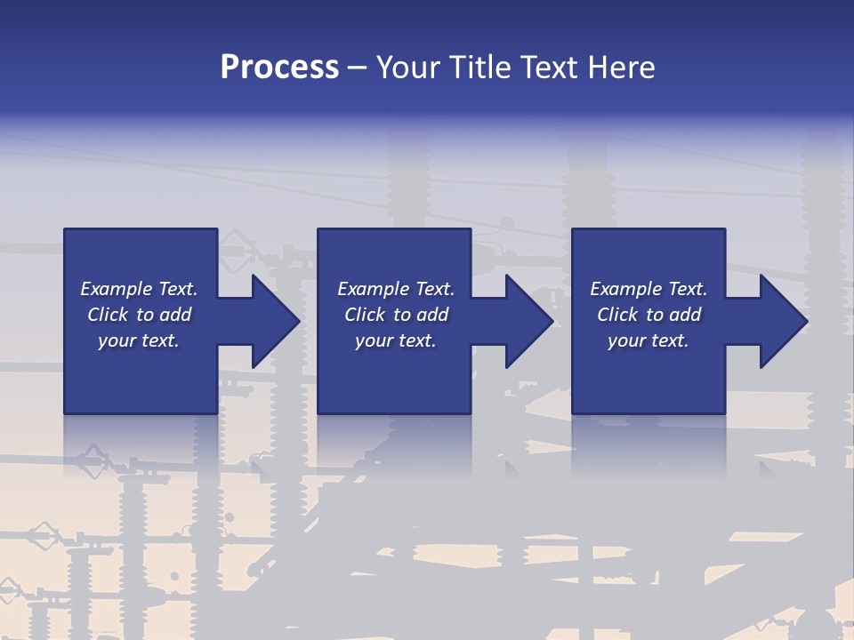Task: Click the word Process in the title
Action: [x=279, y=68]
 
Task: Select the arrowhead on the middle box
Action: [x=528, y=321]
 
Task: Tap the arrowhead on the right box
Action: [x=782, y=321]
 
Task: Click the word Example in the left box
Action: [x=117, y=289]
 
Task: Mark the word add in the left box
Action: [x=176, y=315]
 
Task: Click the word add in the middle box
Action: [x=433, y=315]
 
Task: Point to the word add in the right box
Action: [x=686, y=315]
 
